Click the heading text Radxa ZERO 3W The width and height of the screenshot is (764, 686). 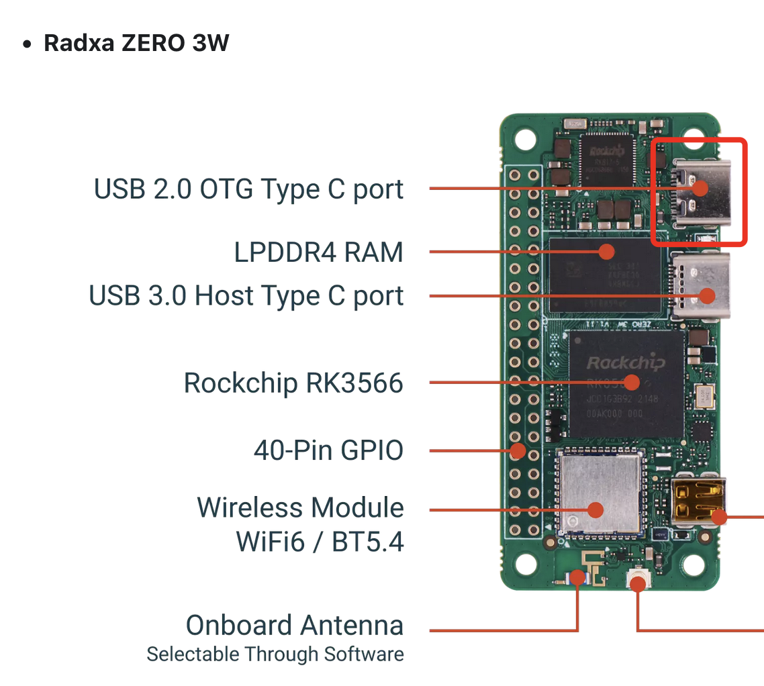point(136,43)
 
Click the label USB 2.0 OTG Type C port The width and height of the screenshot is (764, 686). point(248,189)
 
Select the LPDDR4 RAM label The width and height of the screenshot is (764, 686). point(318,252)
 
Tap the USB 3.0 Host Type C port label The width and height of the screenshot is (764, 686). point(246,296)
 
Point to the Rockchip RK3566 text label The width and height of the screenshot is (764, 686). point(293,383)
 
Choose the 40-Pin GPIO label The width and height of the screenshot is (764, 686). point(328,450)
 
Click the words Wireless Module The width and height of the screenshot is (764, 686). point(300,508)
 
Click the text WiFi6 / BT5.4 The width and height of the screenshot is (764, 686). point(320,542)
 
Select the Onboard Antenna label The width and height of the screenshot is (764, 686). point(294,626)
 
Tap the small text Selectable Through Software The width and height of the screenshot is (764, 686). point(275,654)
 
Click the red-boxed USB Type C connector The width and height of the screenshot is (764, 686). point(699,192)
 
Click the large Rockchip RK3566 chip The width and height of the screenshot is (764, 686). point(626,383)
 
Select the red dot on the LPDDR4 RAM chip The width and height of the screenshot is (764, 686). point(606,252)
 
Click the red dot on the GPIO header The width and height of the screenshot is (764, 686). point(517,450)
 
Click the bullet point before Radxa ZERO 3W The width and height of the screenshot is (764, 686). point(27,44)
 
